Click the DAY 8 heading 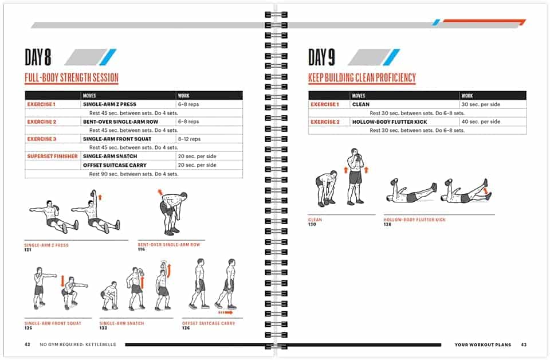pos(38,57)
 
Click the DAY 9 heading pos(321,57)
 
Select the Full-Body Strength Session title pos(72,78)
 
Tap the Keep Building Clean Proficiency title pos(362,78)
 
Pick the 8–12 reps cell pos(189,139)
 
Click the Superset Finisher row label pos(52,156)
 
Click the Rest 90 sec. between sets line pos(133,174)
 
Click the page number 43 pos(524,345)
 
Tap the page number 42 pos(27,345)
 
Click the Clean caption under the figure pos(315,220)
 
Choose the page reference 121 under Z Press pos(28,250)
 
